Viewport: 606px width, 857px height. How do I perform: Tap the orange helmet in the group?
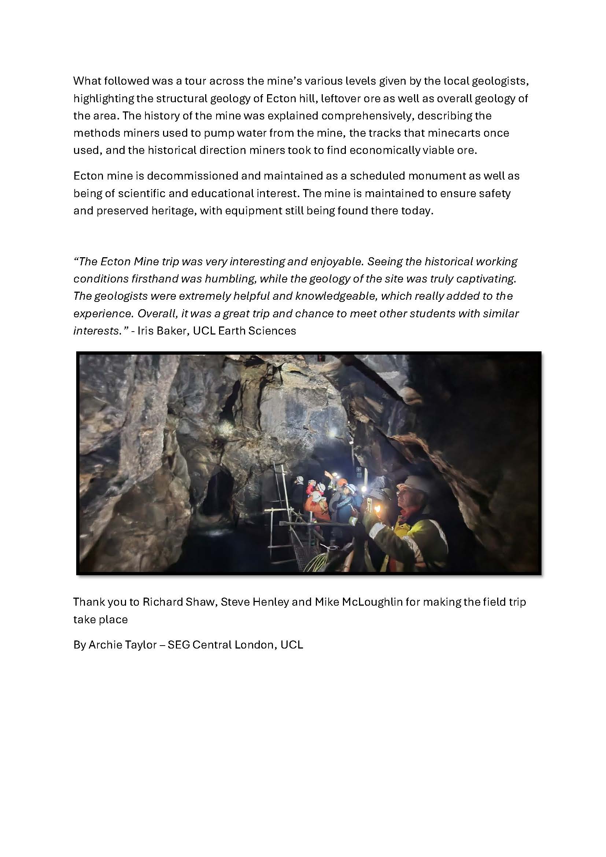(x=342, y=482)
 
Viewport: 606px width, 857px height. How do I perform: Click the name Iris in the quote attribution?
(x=145, y=331)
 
